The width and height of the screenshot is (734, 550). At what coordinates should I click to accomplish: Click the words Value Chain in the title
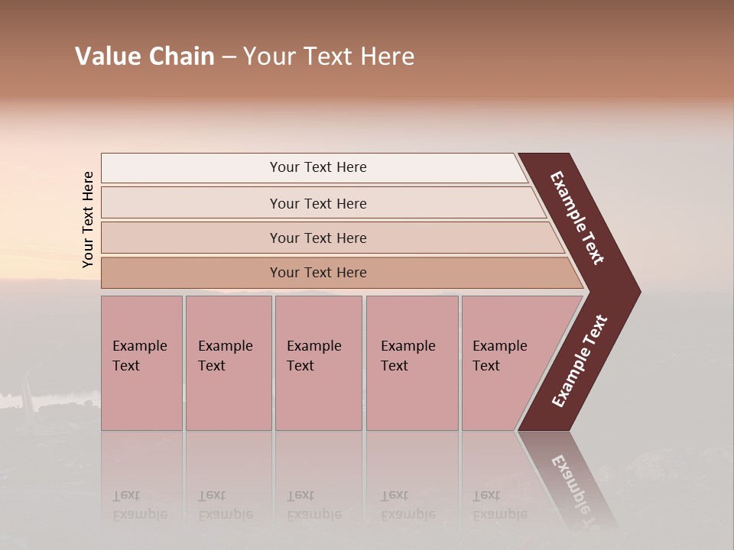[145, 57]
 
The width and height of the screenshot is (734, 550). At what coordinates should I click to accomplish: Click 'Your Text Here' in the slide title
[329, 57]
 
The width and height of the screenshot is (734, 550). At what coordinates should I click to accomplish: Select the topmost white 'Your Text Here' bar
[317, 167]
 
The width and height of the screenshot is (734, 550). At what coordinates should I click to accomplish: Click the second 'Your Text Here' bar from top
[317, 203]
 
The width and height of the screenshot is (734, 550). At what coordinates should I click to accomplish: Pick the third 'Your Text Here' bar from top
[317, 238]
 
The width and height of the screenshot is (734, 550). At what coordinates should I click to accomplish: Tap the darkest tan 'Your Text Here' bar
[317, 273]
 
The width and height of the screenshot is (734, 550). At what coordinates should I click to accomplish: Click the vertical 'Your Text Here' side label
[88, 219]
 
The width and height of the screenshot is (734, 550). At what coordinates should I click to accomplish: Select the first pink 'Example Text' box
[141, 363]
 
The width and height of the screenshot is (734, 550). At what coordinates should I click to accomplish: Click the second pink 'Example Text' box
[228, 363]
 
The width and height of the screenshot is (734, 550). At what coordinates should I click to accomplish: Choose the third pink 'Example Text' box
[318, 363]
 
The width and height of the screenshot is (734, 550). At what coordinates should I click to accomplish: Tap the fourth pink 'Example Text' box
[411, 363]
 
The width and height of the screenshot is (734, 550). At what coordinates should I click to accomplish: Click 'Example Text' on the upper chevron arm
[577, 218]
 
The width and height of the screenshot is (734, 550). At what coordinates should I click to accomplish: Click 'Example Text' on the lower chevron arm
[580, 361]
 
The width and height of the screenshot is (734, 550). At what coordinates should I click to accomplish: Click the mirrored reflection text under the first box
[139, 506]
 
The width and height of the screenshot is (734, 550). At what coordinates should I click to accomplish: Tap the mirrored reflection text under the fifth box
[499, 506]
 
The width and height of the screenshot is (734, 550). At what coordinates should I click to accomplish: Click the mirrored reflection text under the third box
[313, 506]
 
